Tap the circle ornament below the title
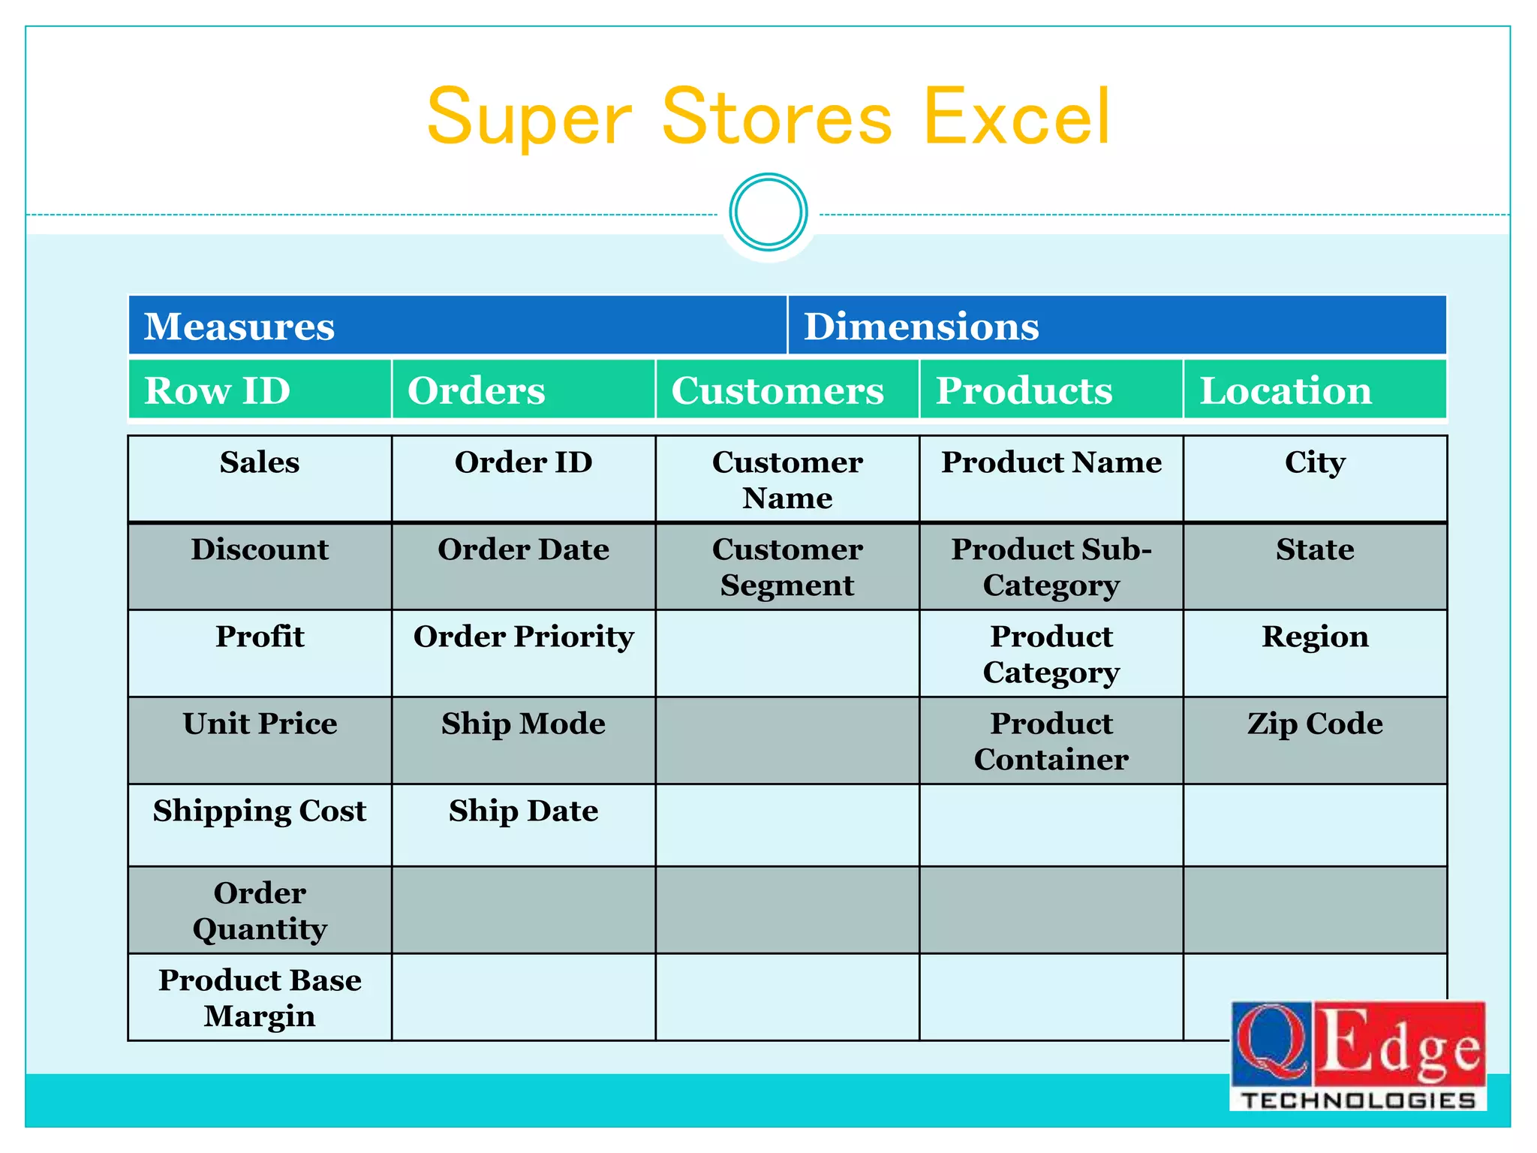click(x=768, y=212)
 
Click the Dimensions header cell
click(x=1117, y=326)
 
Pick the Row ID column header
click(x=260, y=390)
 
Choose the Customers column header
click(x=787, y=390)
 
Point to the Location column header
click(x=1314, y=390)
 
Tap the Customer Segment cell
click(x=787, y=567)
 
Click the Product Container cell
click(x=1051, y=741)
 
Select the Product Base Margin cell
click(x=260, y=998)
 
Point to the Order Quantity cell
click(x=260, y=911)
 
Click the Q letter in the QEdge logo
click(x=1271, y=1043)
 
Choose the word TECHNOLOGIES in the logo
click(x=1358, y=1100)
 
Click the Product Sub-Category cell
click(x=1051, y=567)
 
